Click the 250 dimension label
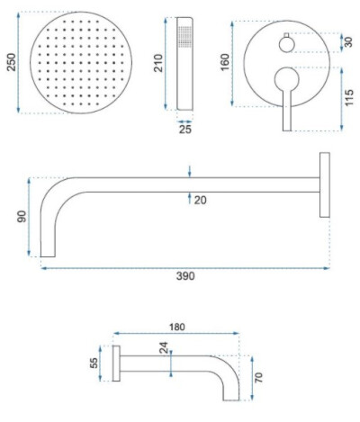(12, 62)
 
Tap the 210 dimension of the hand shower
(158, 63)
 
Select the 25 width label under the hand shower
(185, 130)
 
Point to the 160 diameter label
(225, 62)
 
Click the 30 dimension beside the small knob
(348, 41)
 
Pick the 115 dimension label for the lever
(349, 97)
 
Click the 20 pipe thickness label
(200, 200)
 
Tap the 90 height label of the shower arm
(22, 217)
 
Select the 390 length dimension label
(185, 276)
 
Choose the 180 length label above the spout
(177, 327)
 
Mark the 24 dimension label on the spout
(164, 348)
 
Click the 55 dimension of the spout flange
(94, 363)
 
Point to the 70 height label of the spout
(258, 377)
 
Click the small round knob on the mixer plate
(287, 44)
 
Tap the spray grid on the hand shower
(184, 37)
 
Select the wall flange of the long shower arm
(325, 184)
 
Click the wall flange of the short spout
(116, 364)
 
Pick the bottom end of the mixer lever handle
(287, 130)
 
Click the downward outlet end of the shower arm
(48, 256)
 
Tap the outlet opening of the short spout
(231, 400)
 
